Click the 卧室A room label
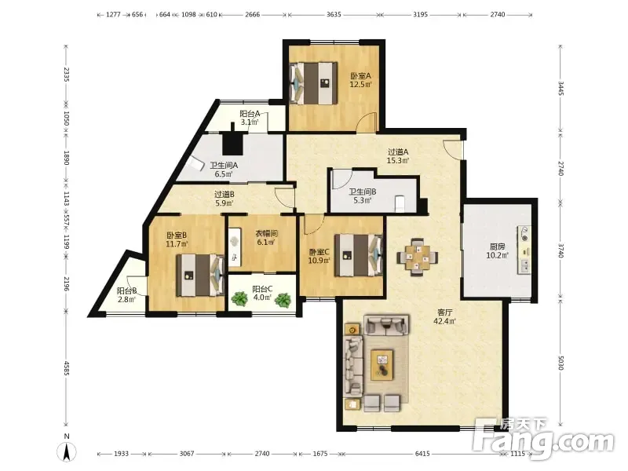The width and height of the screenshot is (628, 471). pyautogui.click(x=361, y=75)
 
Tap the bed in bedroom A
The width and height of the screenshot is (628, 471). pyautogui.click(x=313, y=83)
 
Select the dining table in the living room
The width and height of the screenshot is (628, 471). pyautogui.click(x=417, y=257)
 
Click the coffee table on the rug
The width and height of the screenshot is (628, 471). pyautogui.click(x=382, y=364)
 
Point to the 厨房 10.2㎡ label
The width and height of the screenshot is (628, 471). pyautogui.click(x=497, y=250)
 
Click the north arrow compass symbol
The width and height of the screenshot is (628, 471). pyautogui.click(x=67, y=451)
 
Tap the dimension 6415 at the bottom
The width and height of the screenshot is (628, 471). pyautogui.click(x=422, y=454)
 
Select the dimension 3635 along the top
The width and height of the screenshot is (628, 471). pyautogui.click(x=334, y=14)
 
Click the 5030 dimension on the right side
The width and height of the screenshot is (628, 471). pyautogui.click(x=560, y=362)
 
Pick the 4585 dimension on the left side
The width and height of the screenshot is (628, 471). pyautogui.click(x=67, y=368)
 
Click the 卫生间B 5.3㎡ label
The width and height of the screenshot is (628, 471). pyautogui.click(x=362, y=195)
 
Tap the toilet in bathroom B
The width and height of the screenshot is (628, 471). pyautogui.click(x=400, y=203)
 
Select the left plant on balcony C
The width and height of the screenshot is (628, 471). pyautogui.click(x=239, y=299)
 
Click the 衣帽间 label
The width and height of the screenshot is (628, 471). pyautogui.click(x=266, y=233)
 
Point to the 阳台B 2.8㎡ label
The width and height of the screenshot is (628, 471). pyautogui.click(x=127, y=295)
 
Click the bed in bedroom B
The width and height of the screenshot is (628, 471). pyautogui.click(x=200, y=276)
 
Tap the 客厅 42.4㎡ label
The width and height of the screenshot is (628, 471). pyautogui.click(x=444, y=316)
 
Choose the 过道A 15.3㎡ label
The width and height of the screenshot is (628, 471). pyautogui.click(x=398, y=156)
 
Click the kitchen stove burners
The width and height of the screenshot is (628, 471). pyautogui.click(x=524, y=233)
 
